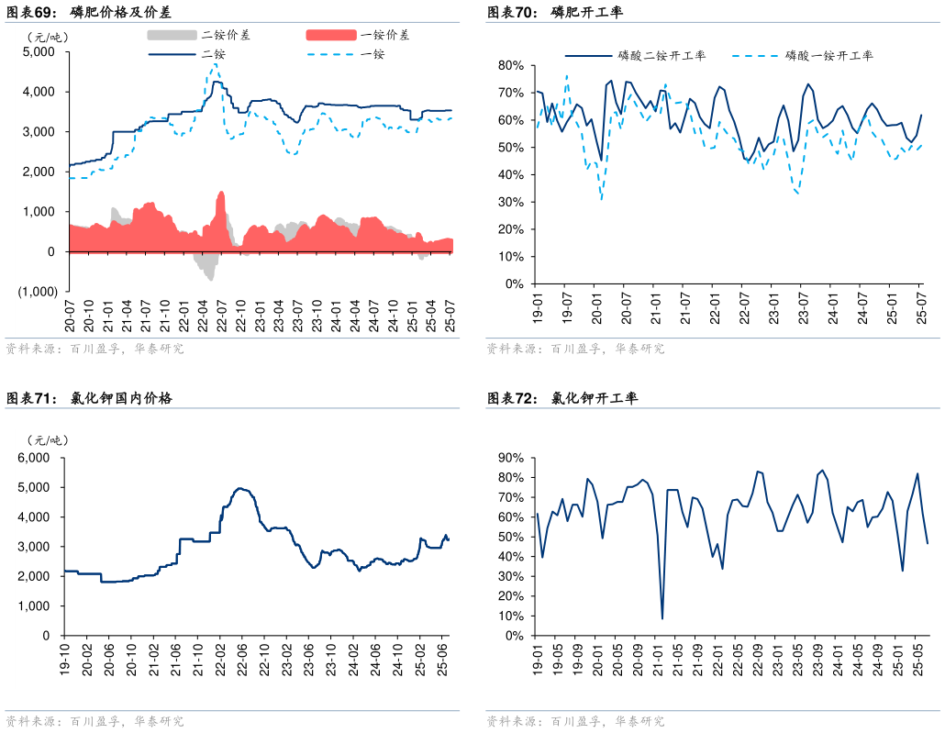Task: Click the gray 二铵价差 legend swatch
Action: point(172,35)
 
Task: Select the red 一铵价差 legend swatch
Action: point(330,35)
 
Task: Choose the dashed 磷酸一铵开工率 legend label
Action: point(829,56)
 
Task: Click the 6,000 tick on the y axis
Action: point(35,458)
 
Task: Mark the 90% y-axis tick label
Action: point(510,458)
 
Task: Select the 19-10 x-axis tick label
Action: point(64,661)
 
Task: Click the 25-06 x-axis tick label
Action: point(443,661)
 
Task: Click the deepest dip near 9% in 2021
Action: point(662,617)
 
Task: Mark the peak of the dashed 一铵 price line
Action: point(215,64)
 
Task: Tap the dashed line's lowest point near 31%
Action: point(602,199)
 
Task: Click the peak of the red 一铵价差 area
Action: point(221,193)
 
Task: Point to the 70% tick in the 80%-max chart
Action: point(510,94)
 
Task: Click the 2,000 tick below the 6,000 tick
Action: point(35,576)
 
